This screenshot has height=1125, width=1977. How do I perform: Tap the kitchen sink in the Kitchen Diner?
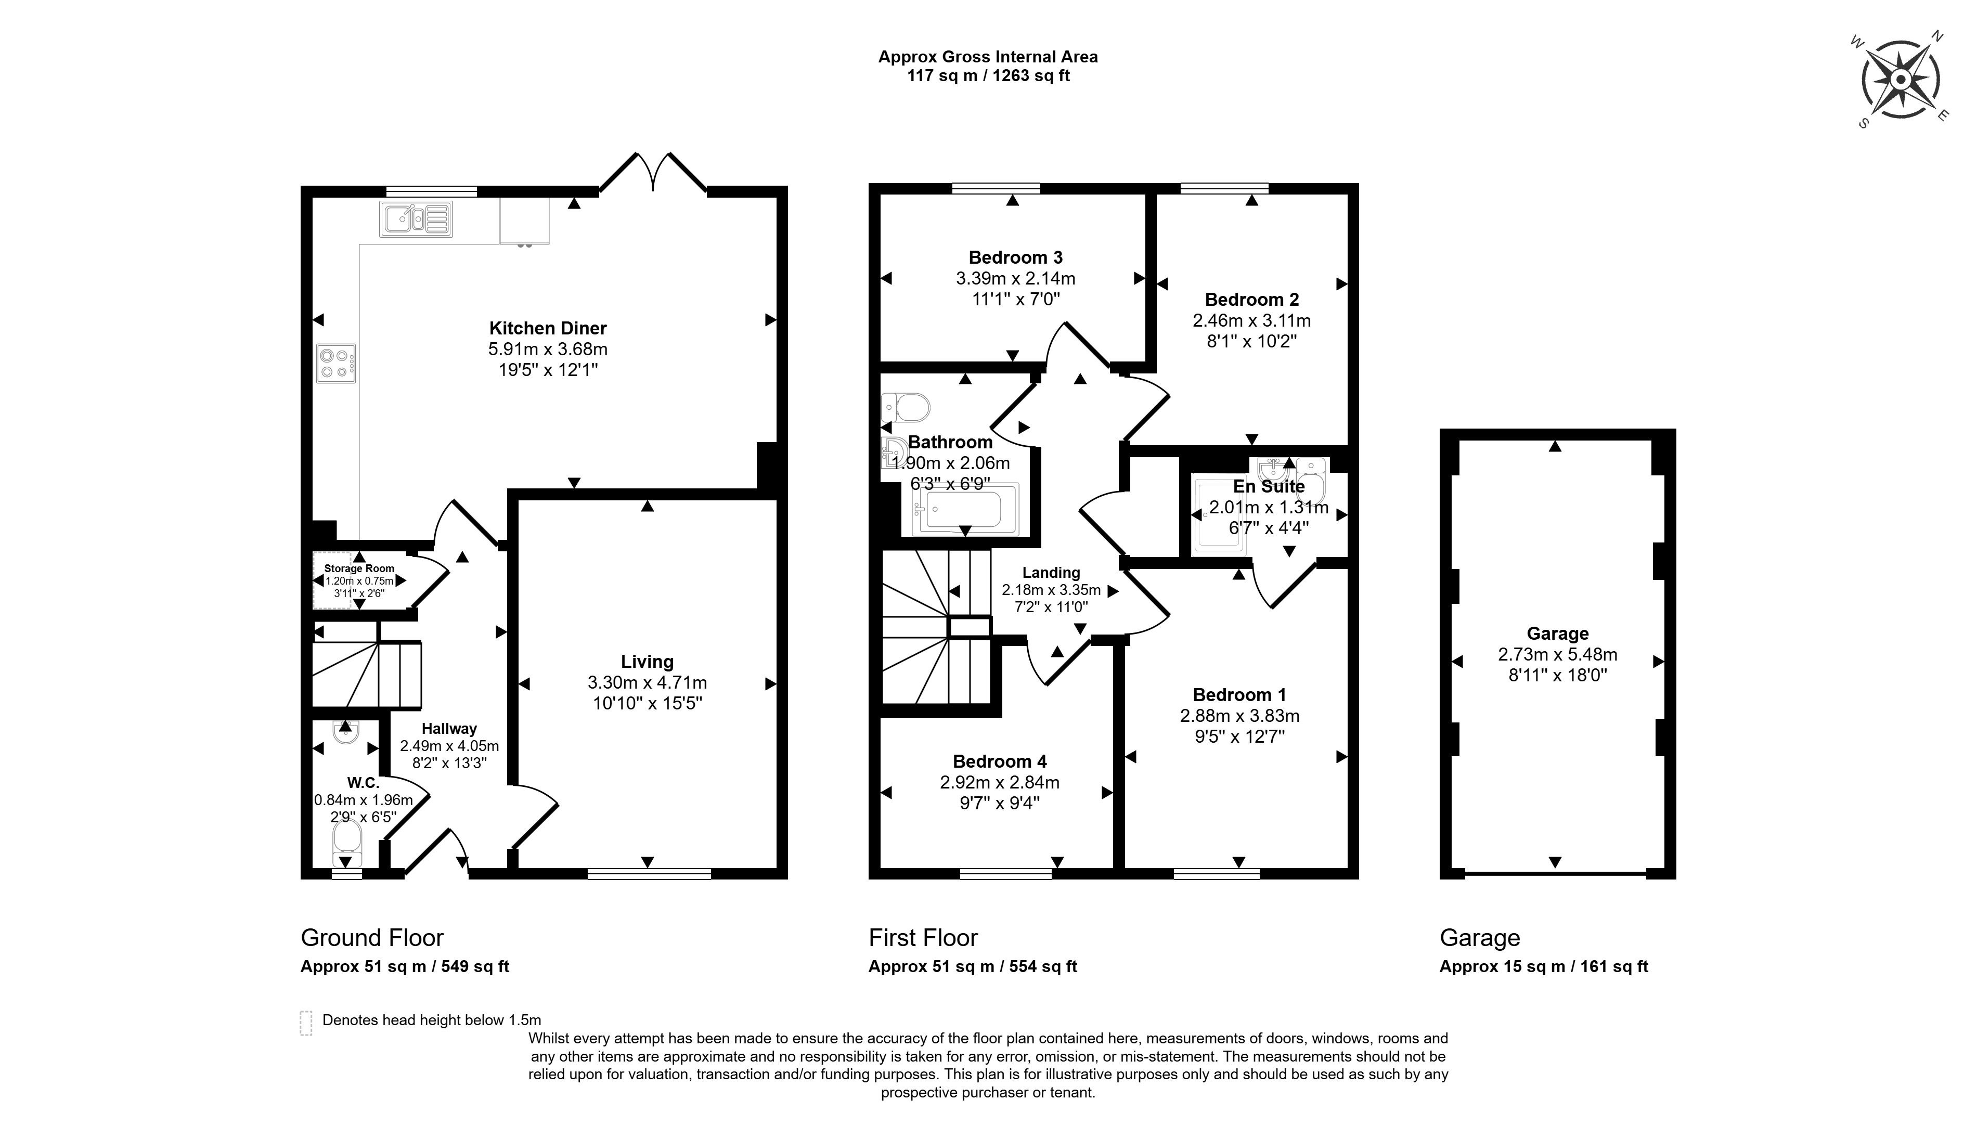click(416, 218)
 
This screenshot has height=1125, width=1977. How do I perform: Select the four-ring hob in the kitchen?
click(336, 363)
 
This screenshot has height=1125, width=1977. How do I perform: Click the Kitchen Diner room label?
click(548, 328)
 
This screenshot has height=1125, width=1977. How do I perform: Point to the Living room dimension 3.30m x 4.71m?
click(648, 682)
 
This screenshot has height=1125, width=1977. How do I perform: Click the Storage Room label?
click(359, 568)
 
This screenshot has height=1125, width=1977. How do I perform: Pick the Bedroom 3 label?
click(1015, 257)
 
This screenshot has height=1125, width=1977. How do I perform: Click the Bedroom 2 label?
click(1251, 299)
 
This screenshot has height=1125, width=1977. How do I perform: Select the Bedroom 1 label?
click(1239, 695)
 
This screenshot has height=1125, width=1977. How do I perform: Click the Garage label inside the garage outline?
click(1557, 633)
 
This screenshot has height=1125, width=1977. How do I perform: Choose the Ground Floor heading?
click(372, 937)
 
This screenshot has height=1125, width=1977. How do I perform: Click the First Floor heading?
click(923, 937)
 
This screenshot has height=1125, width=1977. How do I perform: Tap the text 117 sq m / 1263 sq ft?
click(988, 76)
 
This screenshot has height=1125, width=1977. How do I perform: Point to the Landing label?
click(1051, 573)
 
